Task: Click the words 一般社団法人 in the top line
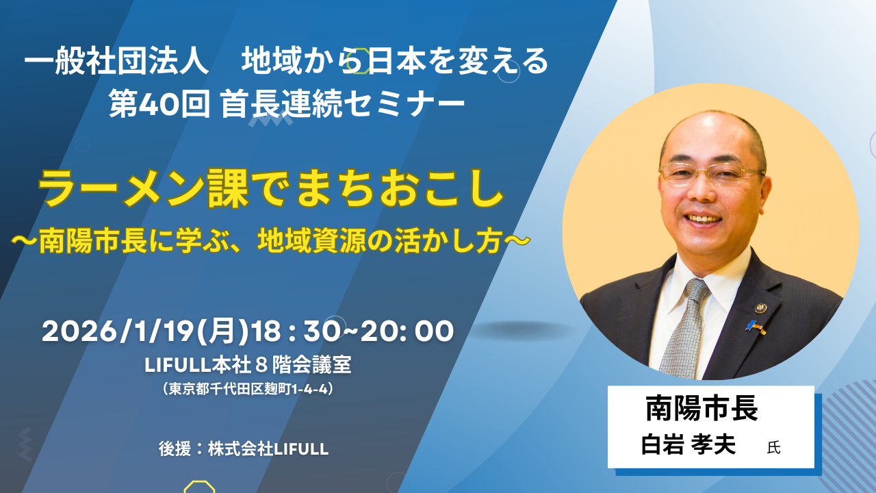point(116,62)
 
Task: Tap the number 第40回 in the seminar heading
point(159,103)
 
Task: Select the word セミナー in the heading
point(407,103)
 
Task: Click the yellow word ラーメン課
point(143,188)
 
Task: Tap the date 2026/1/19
point(118,331)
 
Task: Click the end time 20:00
point(407,331)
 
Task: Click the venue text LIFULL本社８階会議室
point(248,366)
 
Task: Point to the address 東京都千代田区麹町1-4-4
point(248,390)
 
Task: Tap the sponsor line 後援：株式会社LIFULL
point(243,449)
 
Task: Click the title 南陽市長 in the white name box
point(702,409)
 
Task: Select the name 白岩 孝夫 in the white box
point(688,445)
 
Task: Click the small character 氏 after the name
point(773,448)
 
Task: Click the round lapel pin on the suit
point(760,308)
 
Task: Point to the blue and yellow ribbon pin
point(756,327)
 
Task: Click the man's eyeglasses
point(711,175)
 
